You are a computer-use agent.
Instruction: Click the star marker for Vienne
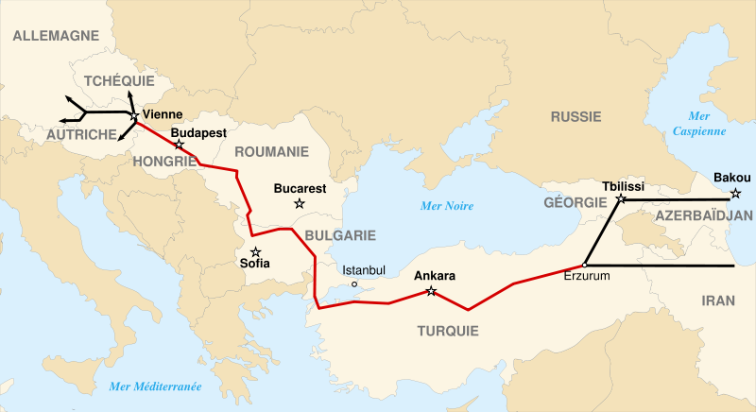[134, 115]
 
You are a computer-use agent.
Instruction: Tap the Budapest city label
[198, 134]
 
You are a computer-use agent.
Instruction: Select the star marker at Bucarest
[300, 203]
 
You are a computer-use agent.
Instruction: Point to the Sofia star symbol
[255, 251]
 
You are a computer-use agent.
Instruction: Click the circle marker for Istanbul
[354, 284]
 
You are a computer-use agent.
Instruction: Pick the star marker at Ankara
[432, 291]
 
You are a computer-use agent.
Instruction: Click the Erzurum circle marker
[586, 265]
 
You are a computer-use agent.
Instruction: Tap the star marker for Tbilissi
[620, 200]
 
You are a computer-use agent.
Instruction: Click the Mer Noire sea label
[447, 206]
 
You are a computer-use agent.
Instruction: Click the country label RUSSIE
[576, 117]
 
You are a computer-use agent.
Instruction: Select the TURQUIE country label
[447, 331]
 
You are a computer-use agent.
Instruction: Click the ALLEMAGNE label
[56, 36]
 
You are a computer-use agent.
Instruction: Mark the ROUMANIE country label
[271, 151]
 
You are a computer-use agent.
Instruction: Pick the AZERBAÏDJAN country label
[702, 215]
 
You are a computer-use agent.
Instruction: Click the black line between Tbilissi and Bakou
[676, 200]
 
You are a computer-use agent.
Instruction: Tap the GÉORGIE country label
[576, 203]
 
